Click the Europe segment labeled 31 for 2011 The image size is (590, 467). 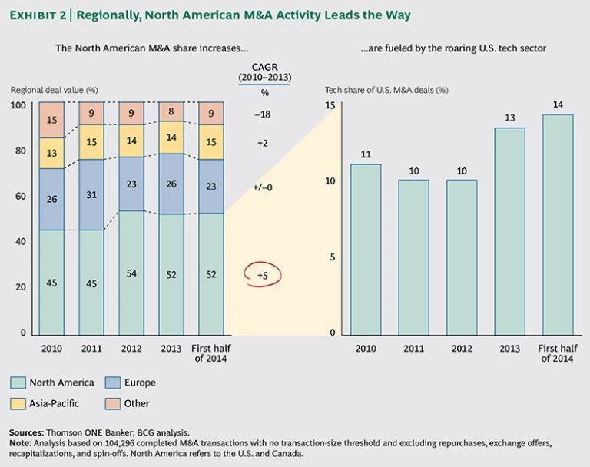coord(92,195)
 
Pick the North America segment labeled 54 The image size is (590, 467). coord(131,273)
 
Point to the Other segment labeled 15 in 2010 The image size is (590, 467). coord(51,120)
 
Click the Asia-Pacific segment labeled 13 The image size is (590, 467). coord(51,153)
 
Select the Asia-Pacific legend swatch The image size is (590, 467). coord(18,403)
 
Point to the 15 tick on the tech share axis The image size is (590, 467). coord(330,105)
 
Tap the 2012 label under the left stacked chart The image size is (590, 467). coord(131,348)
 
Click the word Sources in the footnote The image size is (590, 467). coord(27,432)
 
